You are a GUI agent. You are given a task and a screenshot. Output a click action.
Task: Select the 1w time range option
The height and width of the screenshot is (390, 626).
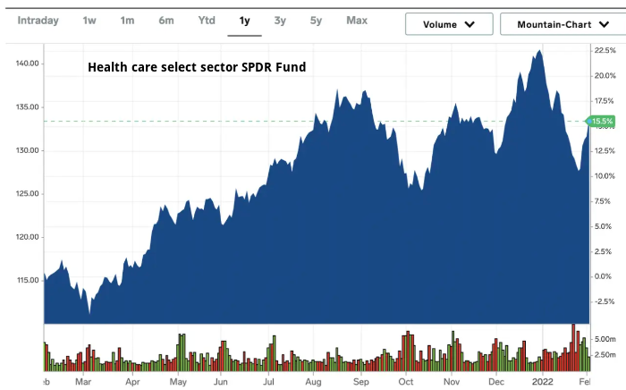89,20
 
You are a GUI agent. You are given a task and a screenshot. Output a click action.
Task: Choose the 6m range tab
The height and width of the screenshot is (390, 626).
166,20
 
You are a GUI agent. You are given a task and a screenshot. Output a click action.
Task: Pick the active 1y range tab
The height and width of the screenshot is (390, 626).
244,20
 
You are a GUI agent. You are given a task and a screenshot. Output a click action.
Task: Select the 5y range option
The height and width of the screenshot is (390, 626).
316,20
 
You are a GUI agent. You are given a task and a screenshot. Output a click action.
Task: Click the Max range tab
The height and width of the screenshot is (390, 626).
357,20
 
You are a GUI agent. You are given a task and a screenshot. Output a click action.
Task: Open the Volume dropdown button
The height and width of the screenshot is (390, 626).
448,24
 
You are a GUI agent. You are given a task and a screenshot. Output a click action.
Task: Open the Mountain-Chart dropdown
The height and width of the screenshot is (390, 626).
559,24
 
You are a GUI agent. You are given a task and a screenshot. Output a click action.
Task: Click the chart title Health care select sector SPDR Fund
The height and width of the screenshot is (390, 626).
197,66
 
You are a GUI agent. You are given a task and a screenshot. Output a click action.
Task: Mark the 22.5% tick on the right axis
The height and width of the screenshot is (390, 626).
605,51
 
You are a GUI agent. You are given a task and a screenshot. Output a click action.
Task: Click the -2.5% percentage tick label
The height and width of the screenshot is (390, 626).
605,301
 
